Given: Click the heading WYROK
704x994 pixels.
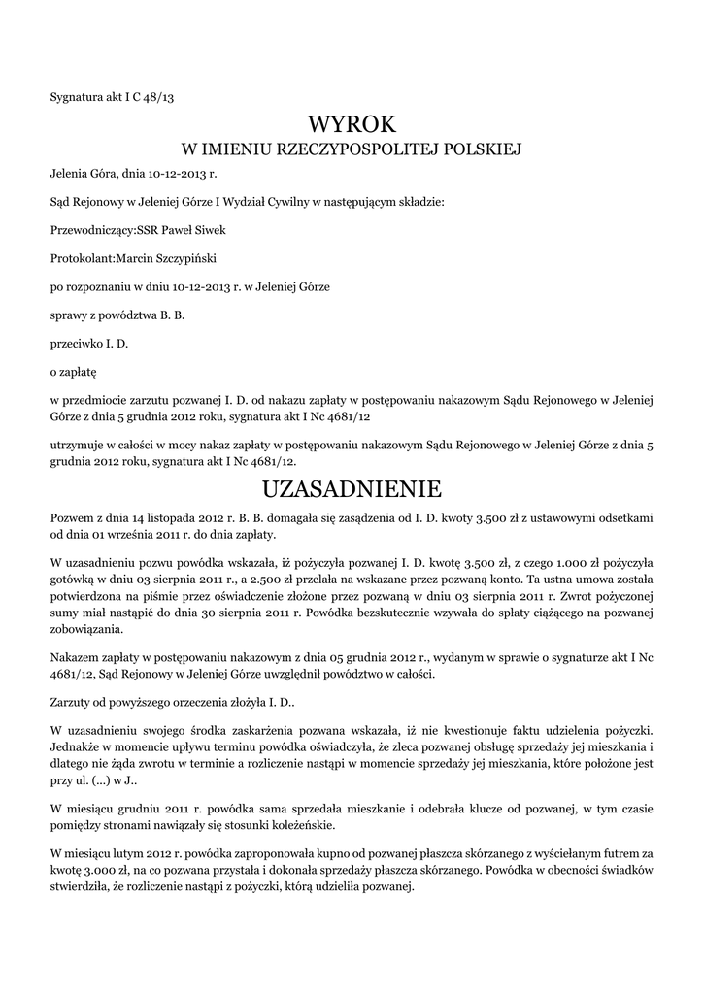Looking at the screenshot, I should (x=352, y=124).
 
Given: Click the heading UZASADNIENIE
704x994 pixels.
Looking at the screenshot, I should (x=352, y=485).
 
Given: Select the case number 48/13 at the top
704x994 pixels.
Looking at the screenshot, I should (x=157, y=96).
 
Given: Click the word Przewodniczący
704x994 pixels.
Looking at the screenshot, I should (x=88, y=230).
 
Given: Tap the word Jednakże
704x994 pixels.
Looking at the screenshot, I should (x=78, y=745).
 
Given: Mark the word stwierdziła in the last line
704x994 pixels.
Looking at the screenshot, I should (x=84, y=887).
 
